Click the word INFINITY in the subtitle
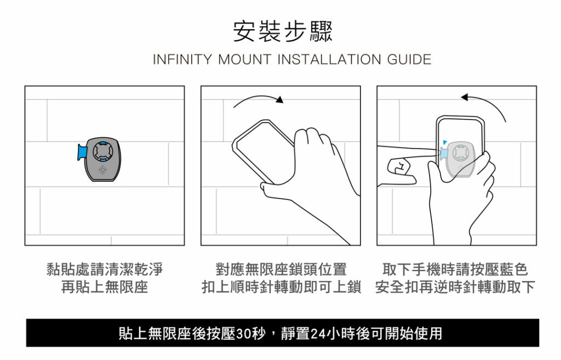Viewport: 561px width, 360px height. [x=182, y=59]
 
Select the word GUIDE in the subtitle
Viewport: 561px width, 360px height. [x=409, y=59]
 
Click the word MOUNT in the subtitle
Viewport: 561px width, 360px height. [x=245, y=59]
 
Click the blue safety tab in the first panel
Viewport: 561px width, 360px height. [x=82, y=152]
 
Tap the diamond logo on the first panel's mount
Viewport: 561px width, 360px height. [x=102, y=170]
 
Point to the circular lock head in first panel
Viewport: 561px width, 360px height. [x=103, y=152]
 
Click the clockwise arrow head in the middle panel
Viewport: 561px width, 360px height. [x=280, y=99]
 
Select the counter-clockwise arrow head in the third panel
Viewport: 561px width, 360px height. [x=465, y=97]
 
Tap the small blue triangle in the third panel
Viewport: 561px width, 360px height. [x=445, y=142]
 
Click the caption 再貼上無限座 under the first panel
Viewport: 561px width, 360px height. [x=105, y=287]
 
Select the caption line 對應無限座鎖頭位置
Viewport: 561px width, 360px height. [x=281, y=269]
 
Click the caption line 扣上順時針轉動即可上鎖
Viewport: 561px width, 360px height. [x=281, y=287]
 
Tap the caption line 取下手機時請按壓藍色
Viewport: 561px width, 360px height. [x=455, y=269]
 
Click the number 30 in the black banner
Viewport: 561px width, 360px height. [x=243, y=334]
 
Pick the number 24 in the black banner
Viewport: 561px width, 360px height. [x=318, y=334]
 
